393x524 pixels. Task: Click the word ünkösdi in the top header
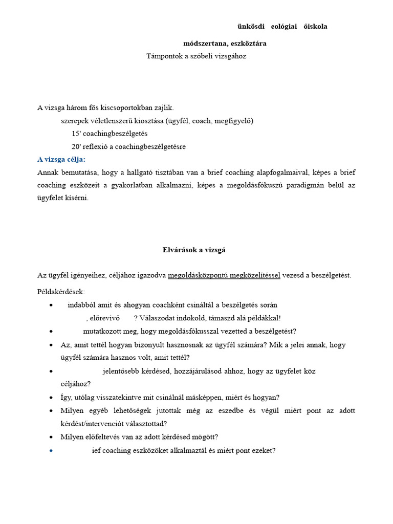(251, 27)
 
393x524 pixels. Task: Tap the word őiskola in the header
(316, 27)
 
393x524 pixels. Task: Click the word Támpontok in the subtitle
(163, 56)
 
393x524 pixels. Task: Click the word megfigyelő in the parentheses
(231, 121)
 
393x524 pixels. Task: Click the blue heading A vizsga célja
(61, 160)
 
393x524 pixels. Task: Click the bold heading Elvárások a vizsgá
(190, 250)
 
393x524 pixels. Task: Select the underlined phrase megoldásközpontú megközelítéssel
(224, 275)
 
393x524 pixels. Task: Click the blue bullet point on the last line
(52, 451)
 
